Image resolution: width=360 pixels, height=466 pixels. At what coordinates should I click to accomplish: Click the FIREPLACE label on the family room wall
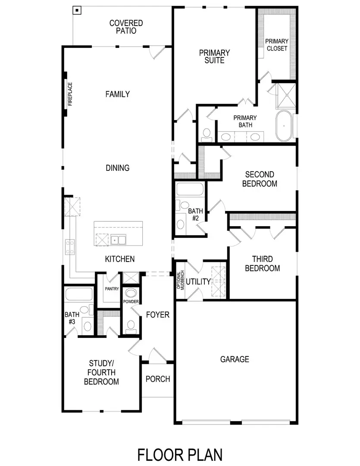click(70, 94)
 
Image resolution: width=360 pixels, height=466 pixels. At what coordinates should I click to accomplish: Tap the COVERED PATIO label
click(126, 27)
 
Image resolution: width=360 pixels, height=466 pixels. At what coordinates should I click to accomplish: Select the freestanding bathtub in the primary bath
click(283, 126)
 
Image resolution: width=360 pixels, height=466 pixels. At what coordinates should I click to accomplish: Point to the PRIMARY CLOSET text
click(277, 45)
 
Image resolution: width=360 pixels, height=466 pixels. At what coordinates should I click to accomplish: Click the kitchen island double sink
click(118, 239)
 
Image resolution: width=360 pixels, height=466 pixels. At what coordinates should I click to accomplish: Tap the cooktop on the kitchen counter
click(70, 247)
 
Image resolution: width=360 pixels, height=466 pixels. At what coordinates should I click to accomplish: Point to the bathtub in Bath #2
click(190, 190)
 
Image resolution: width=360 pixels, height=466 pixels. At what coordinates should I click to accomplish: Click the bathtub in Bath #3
click(79, 295)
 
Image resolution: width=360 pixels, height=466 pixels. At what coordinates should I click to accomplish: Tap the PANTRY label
click(112, 289)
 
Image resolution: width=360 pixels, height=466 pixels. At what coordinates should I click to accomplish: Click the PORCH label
click(158, 379)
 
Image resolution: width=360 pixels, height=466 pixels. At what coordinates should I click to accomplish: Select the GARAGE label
click(235, 359)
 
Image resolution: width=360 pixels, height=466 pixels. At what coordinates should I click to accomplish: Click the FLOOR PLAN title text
click(180, 454)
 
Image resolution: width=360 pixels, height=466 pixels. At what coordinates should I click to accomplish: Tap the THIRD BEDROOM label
click(262, 264)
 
